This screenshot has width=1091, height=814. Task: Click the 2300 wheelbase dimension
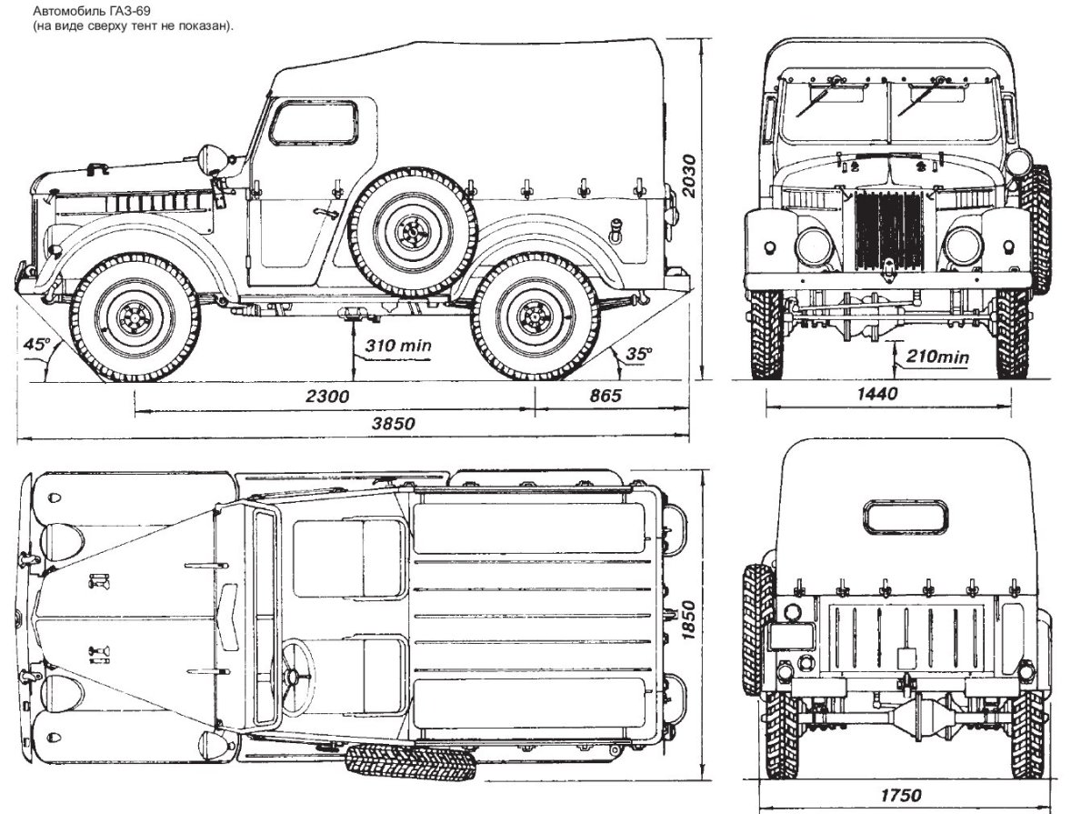[x=328, y=396]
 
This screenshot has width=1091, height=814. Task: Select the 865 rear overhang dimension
[x=604, y=396]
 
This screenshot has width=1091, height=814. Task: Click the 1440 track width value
[x=877, y=394]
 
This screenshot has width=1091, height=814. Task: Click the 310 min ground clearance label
[x=398, y=346]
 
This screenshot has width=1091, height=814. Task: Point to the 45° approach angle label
[x=38, y=345]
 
